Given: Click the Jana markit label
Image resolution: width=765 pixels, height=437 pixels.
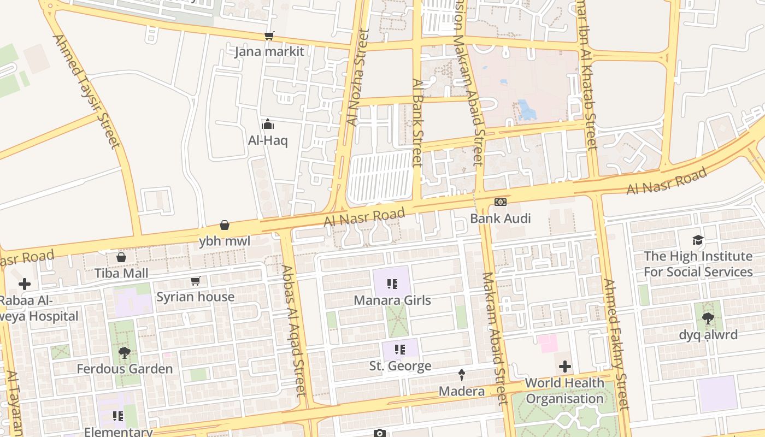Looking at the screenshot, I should coord(269,52).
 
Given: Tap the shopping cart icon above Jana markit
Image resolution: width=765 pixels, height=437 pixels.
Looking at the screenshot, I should coord(269,36).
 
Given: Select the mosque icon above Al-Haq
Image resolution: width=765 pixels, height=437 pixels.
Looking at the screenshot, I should coord(268,125).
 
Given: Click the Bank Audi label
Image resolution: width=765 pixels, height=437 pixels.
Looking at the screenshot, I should coord(501,218).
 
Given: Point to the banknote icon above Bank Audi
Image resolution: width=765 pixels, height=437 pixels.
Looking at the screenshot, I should coord(501,203).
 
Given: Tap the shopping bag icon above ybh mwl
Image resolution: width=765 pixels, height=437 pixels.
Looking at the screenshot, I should coord(225,225).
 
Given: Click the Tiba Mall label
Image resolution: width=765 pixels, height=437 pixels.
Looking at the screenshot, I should coord(121,273).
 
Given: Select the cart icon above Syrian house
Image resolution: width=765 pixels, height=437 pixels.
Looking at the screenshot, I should coord(196,281).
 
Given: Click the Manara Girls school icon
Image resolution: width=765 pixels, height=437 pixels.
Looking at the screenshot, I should coord(392,284).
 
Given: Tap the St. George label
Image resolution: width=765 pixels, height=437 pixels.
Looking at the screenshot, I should coord(400,366).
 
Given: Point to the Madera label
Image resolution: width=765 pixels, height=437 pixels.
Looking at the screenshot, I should coord(462,391).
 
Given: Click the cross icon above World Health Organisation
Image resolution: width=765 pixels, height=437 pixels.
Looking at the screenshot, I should coord(565,367).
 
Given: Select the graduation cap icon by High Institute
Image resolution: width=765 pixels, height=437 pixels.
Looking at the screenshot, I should coord(698,240).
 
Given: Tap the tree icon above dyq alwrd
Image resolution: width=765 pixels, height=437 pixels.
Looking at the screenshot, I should coord(708,318).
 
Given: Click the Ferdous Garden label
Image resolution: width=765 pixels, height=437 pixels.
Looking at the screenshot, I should coord(125,369).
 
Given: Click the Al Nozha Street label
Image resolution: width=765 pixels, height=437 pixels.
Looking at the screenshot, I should coord(356,76).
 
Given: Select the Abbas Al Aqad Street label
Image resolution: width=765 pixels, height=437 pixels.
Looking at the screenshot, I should coord(293,330).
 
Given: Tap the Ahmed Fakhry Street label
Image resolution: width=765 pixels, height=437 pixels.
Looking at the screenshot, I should coord(616,344).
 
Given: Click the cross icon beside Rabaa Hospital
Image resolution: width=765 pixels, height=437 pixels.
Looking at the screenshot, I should coord(25,284).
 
